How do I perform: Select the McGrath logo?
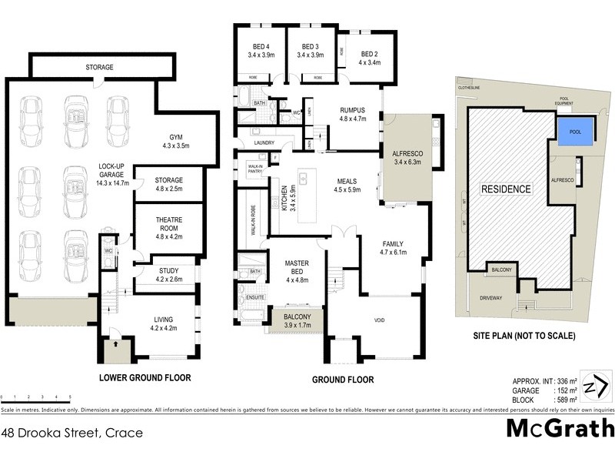coord(560,430)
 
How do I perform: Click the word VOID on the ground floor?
coord(380,320)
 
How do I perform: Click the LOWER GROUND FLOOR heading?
coord(145,378)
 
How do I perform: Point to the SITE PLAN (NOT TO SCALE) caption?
coord(524,336)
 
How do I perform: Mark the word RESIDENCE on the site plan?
coord(505,189)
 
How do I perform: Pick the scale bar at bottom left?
coord(37,394)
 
